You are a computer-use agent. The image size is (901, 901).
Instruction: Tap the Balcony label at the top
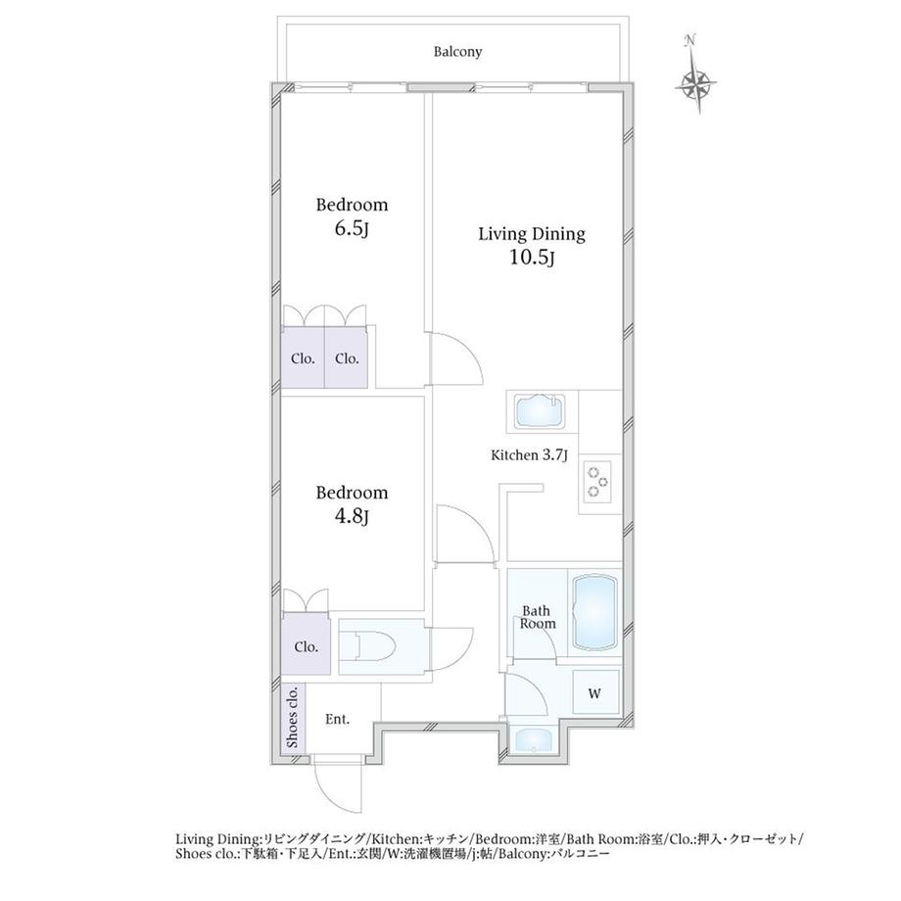[x=457, y=52]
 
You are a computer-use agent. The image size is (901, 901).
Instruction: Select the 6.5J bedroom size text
[x=351, y=229]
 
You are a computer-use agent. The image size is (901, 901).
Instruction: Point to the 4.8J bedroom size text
[x=351, y=516]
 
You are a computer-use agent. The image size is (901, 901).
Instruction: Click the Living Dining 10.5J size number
[x=532, y=258]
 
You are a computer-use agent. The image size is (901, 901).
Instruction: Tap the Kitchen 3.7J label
[x=529, y=455]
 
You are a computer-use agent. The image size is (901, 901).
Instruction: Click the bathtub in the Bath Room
[x=595, y=614]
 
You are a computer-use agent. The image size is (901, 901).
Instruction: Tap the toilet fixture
[x=373, y=645]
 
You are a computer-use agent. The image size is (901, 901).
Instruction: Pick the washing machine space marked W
[x=595, y=693]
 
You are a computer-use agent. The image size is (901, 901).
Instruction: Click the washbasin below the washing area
[x=533, y=740]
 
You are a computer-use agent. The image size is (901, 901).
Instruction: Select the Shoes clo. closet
[x=293, y=717]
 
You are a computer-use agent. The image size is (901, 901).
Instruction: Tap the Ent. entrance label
[x=337, y=719]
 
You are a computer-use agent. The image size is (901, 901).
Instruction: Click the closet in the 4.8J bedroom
[x=306, y=645]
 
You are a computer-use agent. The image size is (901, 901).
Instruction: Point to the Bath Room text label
[x=538, y=617]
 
